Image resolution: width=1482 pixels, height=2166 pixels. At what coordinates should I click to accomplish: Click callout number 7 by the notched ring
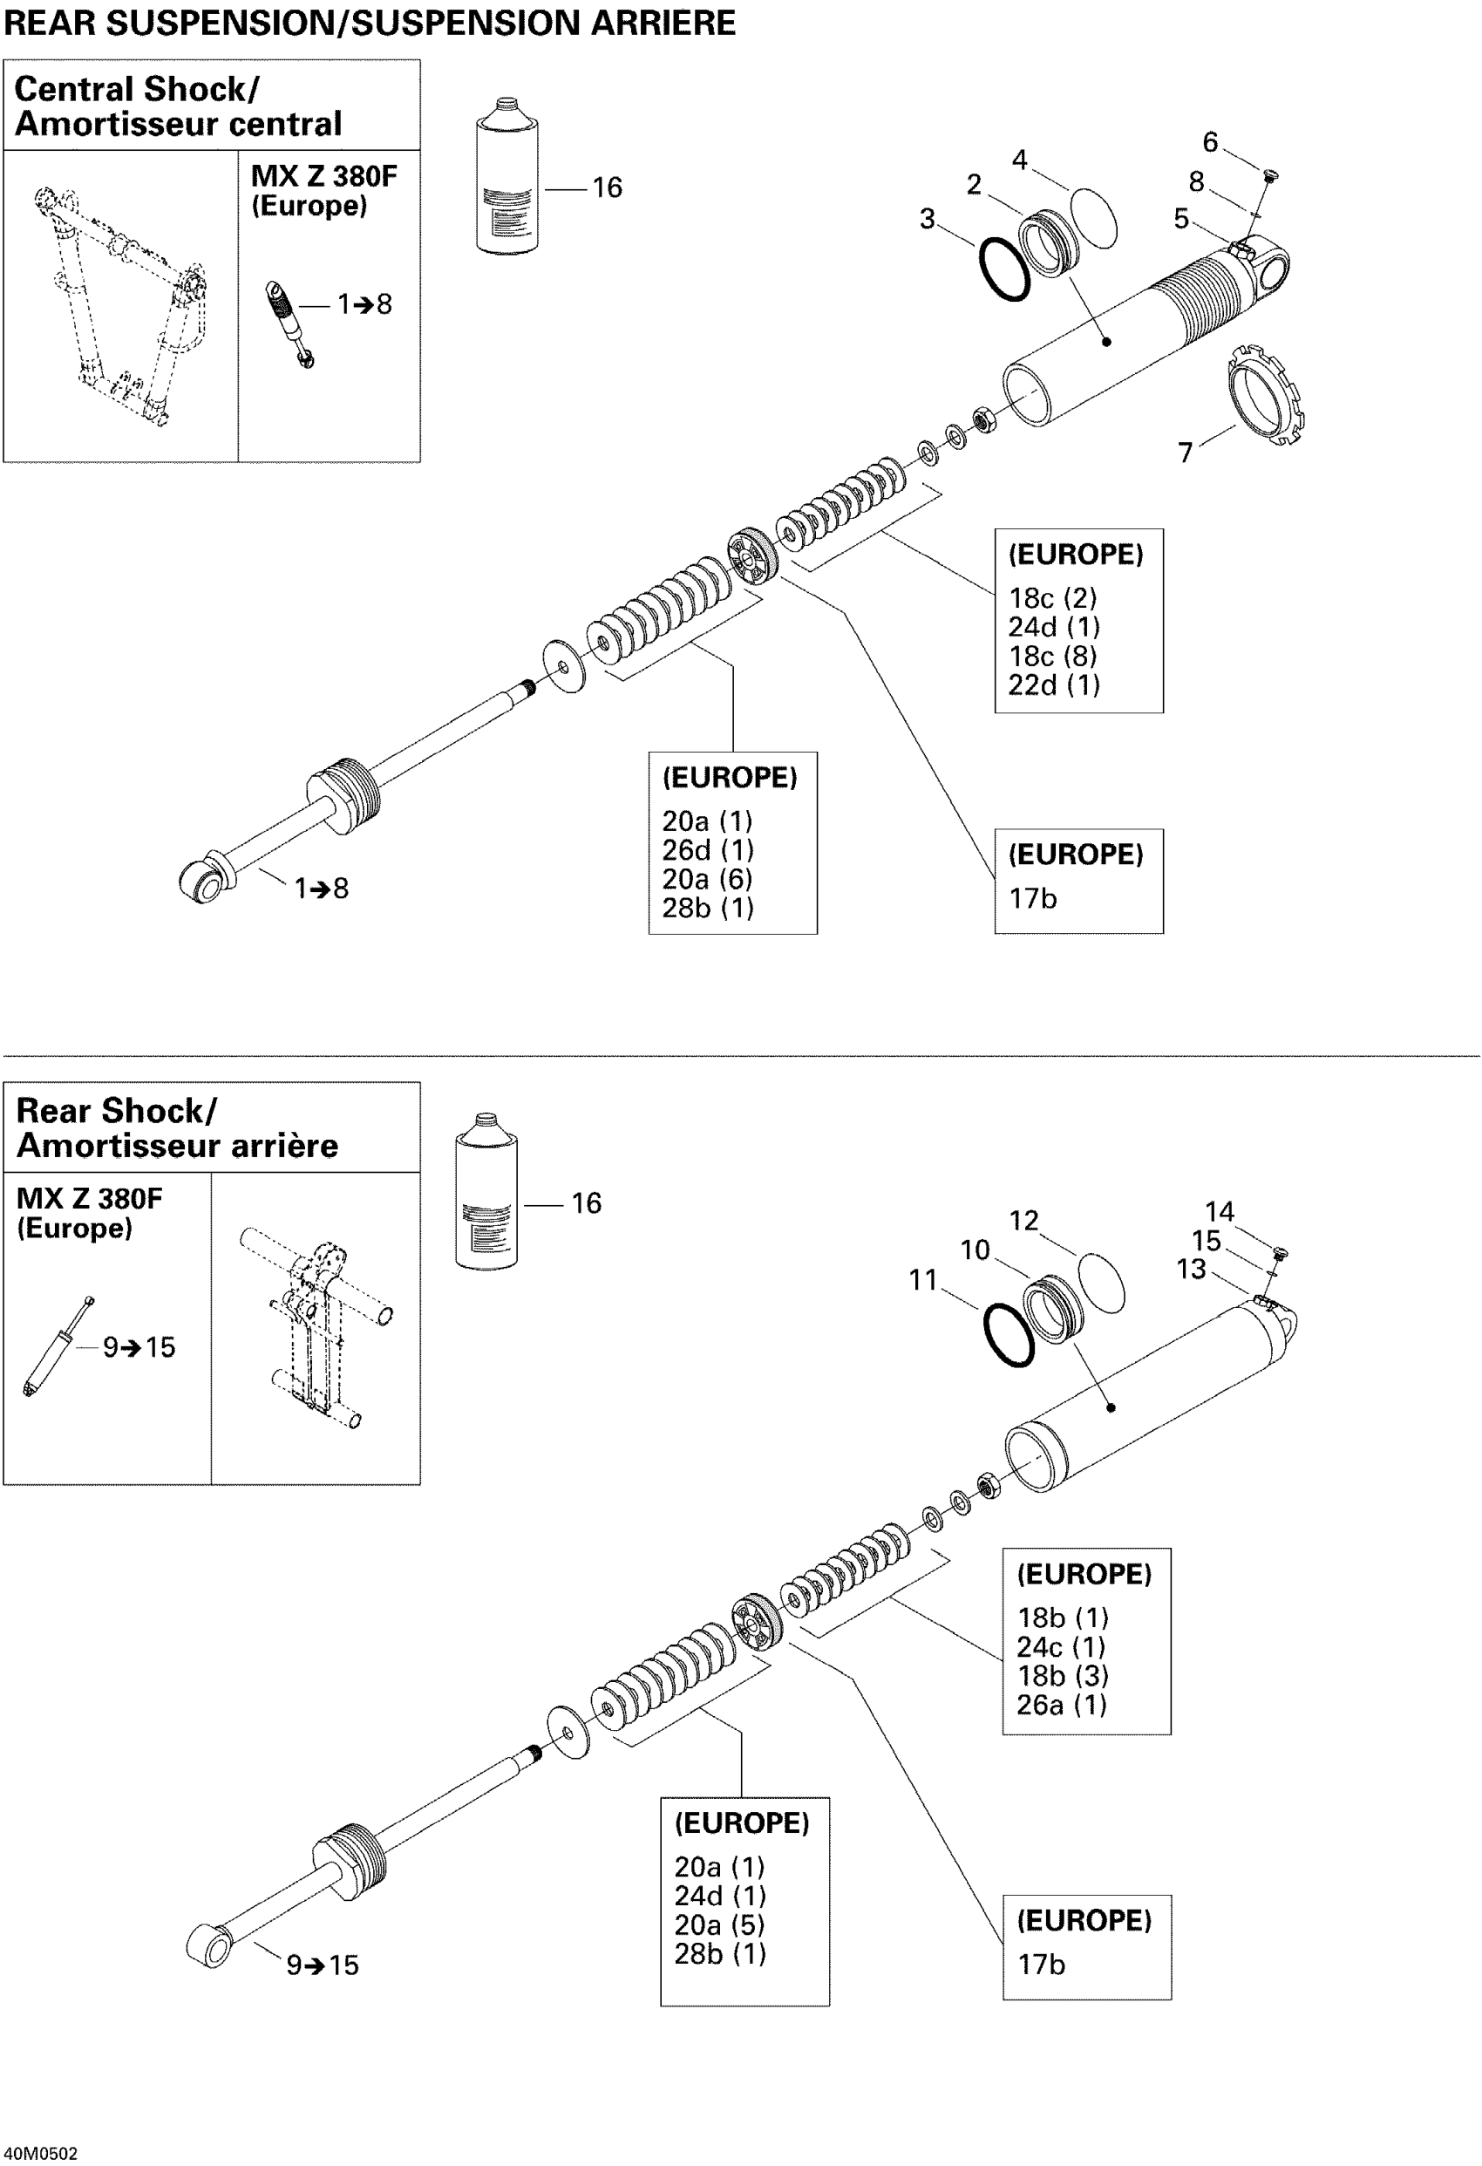click(1185, 452)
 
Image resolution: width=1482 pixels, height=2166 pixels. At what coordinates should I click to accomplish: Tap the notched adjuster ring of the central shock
click(1266, 396)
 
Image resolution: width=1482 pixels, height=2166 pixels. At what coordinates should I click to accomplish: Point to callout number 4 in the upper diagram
click(1020, 160)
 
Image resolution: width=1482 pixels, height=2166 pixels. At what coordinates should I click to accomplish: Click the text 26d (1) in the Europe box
click(708, 850)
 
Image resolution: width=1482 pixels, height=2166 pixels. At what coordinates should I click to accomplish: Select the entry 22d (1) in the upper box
click(1053, 685)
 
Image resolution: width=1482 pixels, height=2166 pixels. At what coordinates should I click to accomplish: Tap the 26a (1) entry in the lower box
click(1062, 1705)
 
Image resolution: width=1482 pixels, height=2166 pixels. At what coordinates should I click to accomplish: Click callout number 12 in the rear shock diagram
click(1023, 1220)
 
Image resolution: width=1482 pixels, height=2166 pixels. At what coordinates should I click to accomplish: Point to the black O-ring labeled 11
click(1009, 1336)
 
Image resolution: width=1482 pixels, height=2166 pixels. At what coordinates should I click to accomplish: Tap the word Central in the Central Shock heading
click(75, 90)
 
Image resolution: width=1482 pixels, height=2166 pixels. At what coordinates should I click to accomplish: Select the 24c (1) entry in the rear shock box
click(1061, 1647)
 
